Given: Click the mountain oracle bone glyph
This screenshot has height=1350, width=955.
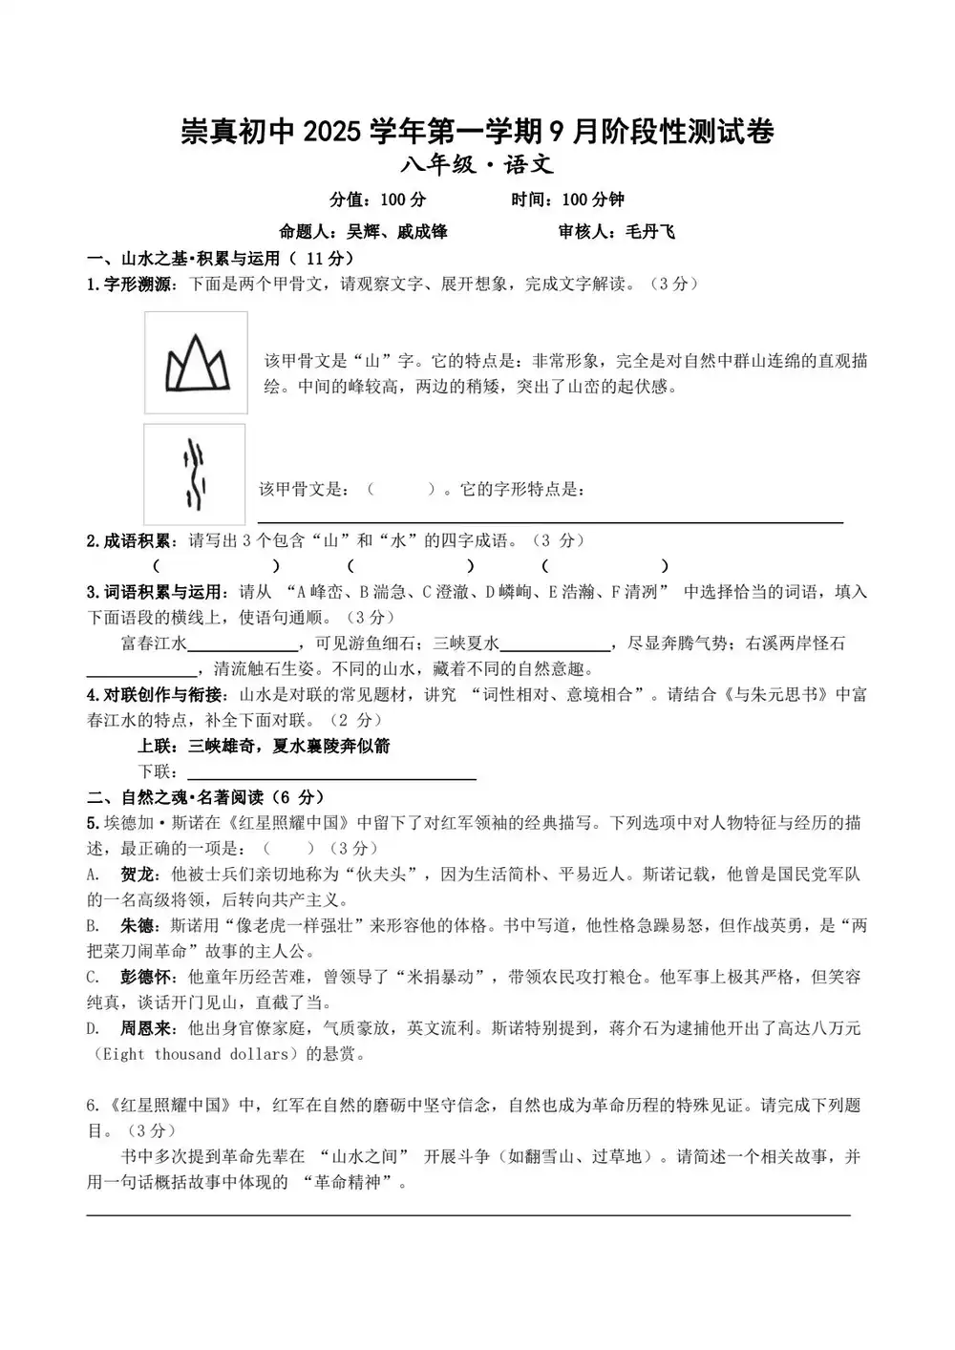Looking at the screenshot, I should (x=197, y=363).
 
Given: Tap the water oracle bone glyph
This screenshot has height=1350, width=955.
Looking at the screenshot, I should (x=195, y=474).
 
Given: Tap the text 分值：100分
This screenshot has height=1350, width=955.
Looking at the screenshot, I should (x=377, y=200).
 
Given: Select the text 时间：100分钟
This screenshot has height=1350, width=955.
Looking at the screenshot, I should (x=567, y=200).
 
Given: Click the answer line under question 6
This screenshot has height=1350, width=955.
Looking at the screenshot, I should (x=468, y=1213).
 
